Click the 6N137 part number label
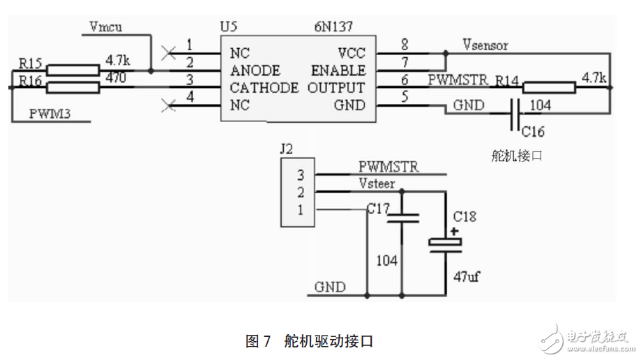pos(333,28)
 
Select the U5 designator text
pos(228,28)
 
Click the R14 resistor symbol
pos(548,87)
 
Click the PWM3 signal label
pos(50,112)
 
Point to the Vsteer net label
pos(377,184)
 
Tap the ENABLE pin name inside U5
pos(338,70)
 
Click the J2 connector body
pos(297,192)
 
